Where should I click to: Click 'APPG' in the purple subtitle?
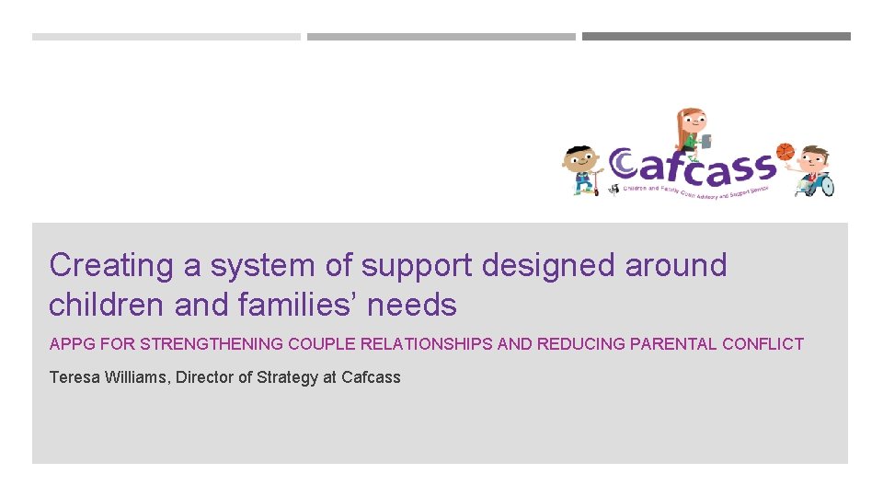pos(69,344)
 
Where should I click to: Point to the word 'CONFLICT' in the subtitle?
pos(763,344)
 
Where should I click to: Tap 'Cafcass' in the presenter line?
pos(371,377)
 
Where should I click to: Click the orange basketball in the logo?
pos(785,151)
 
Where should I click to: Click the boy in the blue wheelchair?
pos(815,171)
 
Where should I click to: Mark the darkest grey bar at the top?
pos(716,37)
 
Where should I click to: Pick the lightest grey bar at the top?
pos(166,37)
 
